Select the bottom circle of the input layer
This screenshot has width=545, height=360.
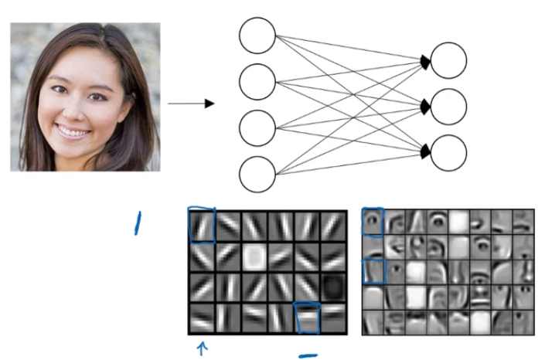pos(257,174)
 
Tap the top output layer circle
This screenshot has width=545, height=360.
pos(449,60)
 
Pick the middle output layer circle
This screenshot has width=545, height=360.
pos(449,106)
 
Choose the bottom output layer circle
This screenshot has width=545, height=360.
pos(449,152)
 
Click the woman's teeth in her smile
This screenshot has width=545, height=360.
pos(74,133)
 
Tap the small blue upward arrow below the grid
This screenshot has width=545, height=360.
pos(203,349)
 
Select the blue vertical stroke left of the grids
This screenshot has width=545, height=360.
pos(138,222)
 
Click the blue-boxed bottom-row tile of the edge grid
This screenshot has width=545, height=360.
pos(307,318)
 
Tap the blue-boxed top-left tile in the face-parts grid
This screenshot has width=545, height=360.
pos(373,222)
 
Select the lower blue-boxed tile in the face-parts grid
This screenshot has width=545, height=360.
pos(373,273)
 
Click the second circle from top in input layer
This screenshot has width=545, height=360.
pos(257,81)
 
